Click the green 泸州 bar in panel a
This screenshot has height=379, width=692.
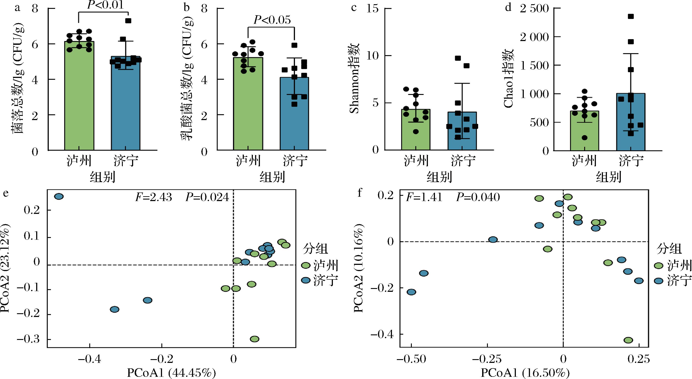point(79,107)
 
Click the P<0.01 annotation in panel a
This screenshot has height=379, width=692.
point(106,5)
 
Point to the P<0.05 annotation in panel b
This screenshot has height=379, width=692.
point(272,20)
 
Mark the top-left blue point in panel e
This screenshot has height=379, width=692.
point(59,197)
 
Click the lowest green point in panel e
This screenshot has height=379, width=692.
point(254,339)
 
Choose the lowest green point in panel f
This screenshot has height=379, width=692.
point(628,340)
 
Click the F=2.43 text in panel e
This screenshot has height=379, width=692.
point(153,197)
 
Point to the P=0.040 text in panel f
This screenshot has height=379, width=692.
point(478,197)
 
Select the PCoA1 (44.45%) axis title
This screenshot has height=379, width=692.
point(171,373)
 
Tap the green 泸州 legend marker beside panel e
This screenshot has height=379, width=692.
point(306,266)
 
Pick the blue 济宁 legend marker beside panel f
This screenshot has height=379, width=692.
point(658,281)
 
